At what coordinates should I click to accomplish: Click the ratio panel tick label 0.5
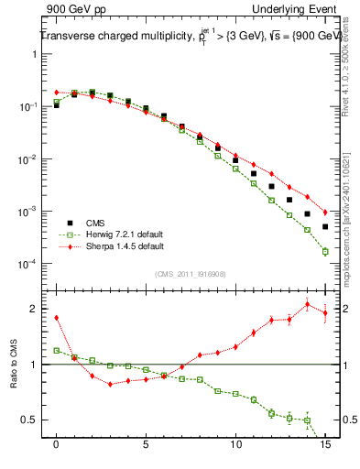[29, 420]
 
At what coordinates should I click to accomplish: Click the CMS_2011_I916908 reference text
[190, 273]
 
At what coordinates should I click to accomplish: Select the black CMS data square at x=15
[325, 226]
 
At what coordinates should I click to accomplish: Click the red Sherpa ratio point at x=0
[57, 318]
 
